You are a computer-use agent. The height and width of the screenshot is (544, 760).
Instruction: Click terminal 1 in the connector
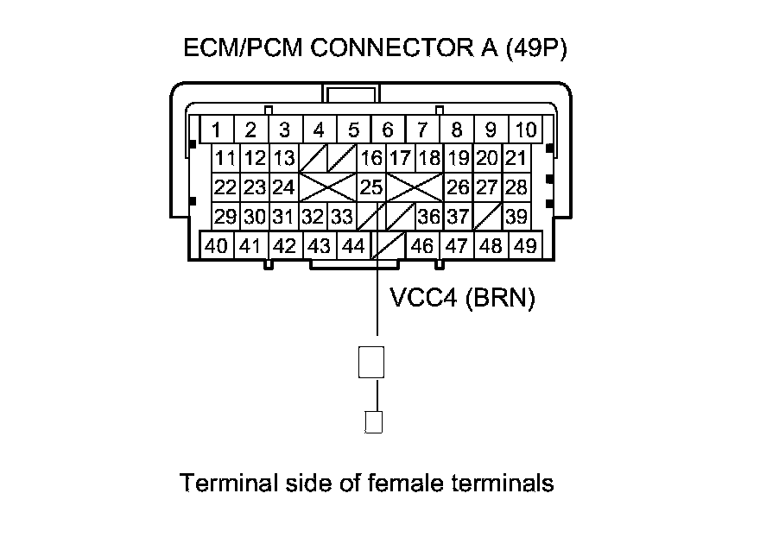point(217,130)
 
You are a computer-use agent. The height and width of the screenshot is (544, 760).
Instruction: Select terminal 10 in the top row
point(525,130)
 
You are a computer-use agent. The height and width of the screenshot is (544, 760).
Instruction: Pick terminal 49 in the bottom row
point(525,245)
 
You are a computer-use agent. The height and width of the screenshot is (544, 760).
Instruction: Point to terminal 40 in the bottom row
point(217,245)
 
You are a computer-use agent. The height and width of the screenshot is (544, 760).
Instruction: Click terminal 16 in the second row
point(371,159)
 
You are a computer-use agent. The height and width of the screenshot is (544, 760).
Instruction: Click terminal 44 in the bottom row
point(353,245)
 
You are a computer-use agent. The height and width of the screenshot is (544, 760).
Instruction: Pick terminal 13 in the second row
point(284,159)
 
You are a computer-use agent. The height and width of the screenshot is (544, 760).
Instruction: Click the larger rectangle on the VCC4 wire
point(370,361)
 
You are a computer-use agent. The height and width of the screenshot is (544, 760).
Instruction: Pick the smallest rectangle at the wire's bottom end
point(374,422)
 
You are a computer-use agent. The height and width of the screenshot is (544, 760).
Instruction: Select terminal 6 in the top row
point(388,130)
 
